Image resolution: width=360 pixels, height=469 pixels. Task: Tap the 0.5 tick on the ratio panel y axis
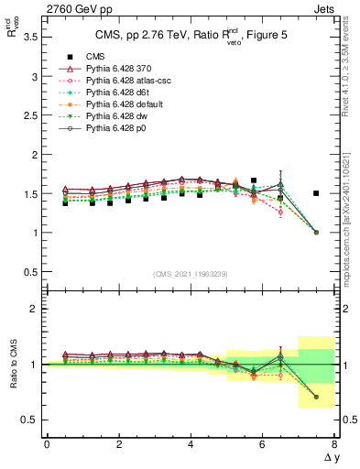click(x=29, y=420)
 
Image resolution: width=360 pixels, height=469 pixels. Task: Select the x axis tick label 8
click(x=334, y=443)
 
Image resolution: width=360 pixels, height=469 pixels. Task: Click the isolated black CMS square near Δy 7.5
click(x=316, y=193)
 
